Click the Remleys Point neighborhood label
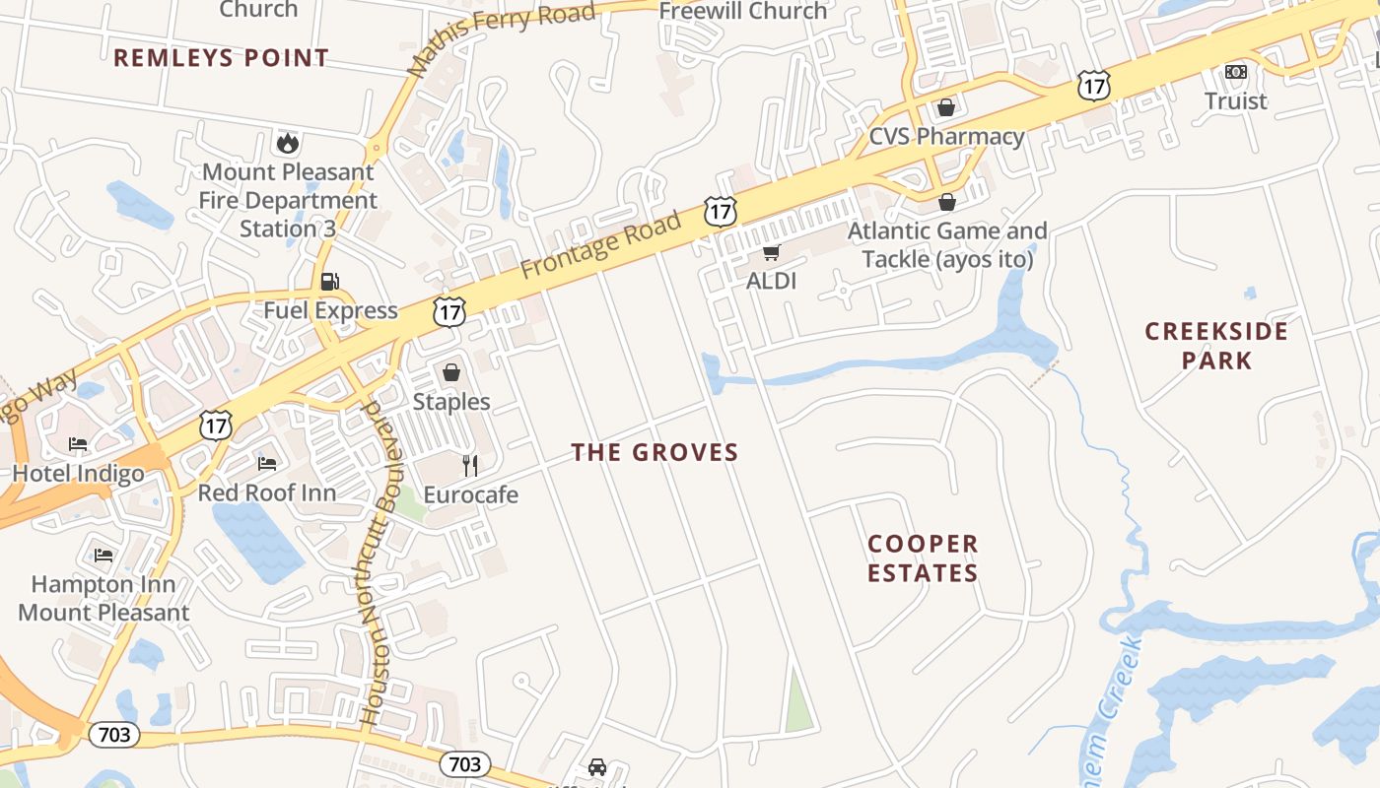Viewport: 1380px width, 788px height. pyautogui.click(x=221, y=58)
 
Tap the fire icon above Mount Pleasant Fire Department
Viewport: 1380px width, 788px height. pyautogui.click(x=288, y=144)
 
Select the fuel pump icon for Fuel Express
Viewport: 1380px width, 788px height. pyautogui.click(x=329, y=282)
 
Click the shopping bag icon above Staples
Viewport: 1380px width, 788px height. pyautogui.click(x=451, y=372)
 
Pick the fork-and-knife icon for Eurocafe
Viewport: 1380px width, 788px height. pyautogui.click(x=470, y=465)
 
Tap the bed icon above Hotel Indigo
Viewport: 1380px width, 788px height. pyautogui.click(x=78, y=444)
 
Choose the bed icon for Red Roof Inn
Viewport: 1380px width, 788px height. pyautogui.click(x=267, y=463)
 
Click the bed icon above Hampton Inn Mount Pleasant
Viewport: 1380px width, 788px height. pyautogui.click(x=103, y=556)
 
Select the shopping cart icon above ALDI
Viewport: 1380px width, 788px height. pyautogui.click(x=771, y=252)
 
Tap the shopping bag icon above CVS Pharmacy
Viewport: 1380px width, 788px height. pyautogui.click(x=946, y=107)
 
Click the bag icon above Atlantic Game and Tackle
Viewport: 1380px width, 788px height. pyautogui.click(x=947, y=203)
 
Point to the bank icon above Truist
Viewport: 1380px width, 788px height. pyautogui.click(x=1235, y=72)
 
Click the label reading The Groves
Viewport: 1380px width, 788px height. pyautogui.click(x=655, y=452)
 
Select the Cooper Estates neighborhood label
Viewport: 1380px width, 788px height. pyautogui.click(x=923, y=558)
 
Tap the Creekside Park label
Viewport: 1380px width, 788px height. pyautogui.click(x=1216, y=345)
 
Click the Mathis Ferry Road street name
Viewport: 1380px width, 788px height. pyautogui.click(x=502, y=38)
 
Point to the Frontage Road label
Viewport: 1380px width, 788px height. pyautogui.click(x=601, y=244)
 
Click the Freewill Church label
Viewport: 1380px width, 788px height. pyautogui.click(x=743, y=12)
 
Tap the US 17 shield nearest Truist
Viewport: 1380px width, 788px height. pyautogui.click(x=1093, y=86)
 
